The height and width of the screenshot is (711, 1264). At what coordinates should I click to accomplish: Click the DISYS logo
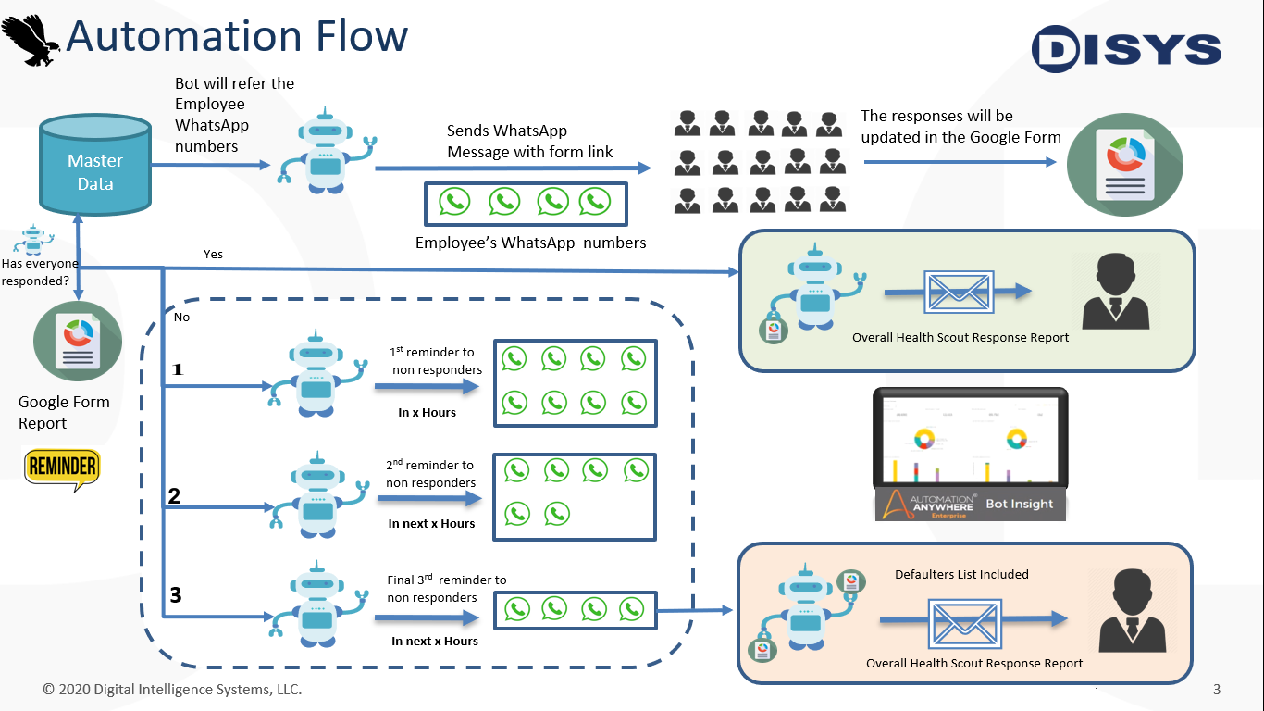click(1126, 48)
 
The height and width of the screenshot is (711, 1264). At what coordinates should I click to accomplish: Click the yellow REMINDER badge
click(62, 468)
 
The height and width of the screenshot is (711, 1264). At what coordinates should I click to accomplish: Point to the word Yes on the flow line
click(213, 255)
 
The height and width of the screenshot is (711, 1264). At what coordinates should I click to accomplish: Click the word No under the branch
click(181, 318)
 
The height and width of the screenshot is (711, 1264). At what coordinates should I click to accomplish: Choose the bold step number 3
click(175, 595)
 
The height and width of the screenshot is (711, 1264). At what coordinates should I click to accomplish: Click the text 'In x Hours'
click(427, 413)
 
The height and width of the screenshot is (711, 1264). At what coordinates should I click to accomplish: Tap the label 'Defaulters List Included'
click(961, 575)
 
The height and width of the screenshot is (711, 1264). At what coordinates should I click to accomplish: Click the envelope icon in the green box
click(959, 292)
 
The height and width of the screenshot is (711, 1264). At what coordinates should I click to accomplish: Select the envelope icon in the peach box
click(963, 623)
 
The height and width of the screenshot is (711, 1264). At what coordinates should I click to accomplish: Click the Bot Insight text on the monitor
click(1020, 505)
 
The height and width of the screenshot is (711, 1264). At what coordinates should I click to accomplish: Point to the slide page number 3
click(1217, 690)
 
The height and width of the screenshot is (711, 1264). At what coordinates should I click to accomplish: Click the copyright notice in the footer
click(172, 690)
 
